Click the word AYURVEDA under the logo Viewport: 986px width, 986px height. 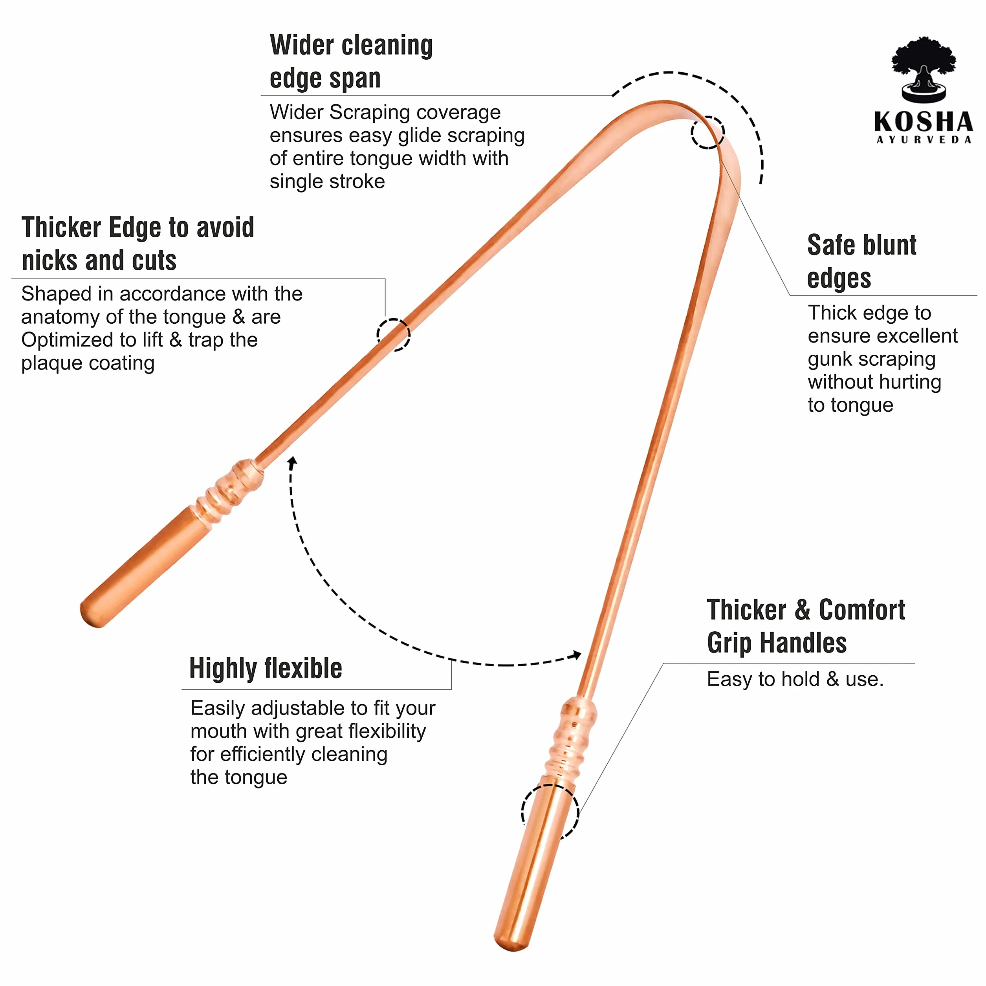pyautogui.click(x=924, y=140)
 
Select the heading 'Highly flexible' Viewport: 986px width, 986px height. pyautogui.click(x=266, y=669)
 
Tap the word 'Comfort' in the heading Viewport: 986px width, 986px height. pyautogui.click(x=862, y=610)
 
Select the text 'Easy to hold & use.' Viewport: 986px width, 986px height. pyautogui.click(x=795, y=679)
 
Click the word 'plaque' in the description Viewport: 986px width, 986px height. pyautogui.click(x=51, y=364)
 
